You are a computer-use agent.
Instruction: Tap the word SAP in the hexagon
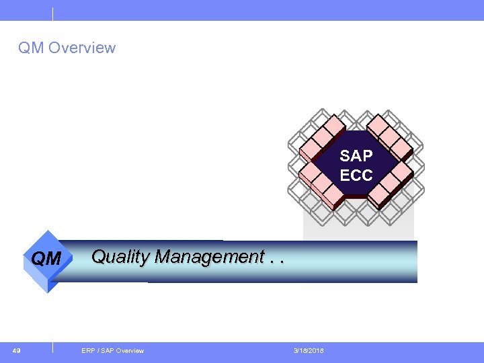pos(356,156)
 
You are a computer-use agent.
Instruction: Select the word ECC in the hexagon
pos(356,175)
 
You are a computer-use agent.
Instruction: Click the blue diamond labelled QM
pos(46,259)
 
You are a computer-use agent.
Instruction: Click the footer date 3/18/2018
pos(309,350)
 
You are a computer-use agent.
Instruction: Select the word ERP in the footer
pos(87,350)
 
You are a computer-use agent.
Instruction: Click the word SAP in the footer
pos(106,350)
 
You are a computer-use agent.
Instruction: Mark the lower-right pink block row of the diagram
pos(391,185)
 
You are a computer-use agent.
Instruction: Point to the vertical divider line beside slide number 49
pos(52,348)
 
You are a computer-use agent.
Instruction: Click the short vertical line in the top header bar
pos(52,13)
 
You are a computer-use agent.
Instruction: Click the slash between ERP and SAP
pos(97,350)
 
